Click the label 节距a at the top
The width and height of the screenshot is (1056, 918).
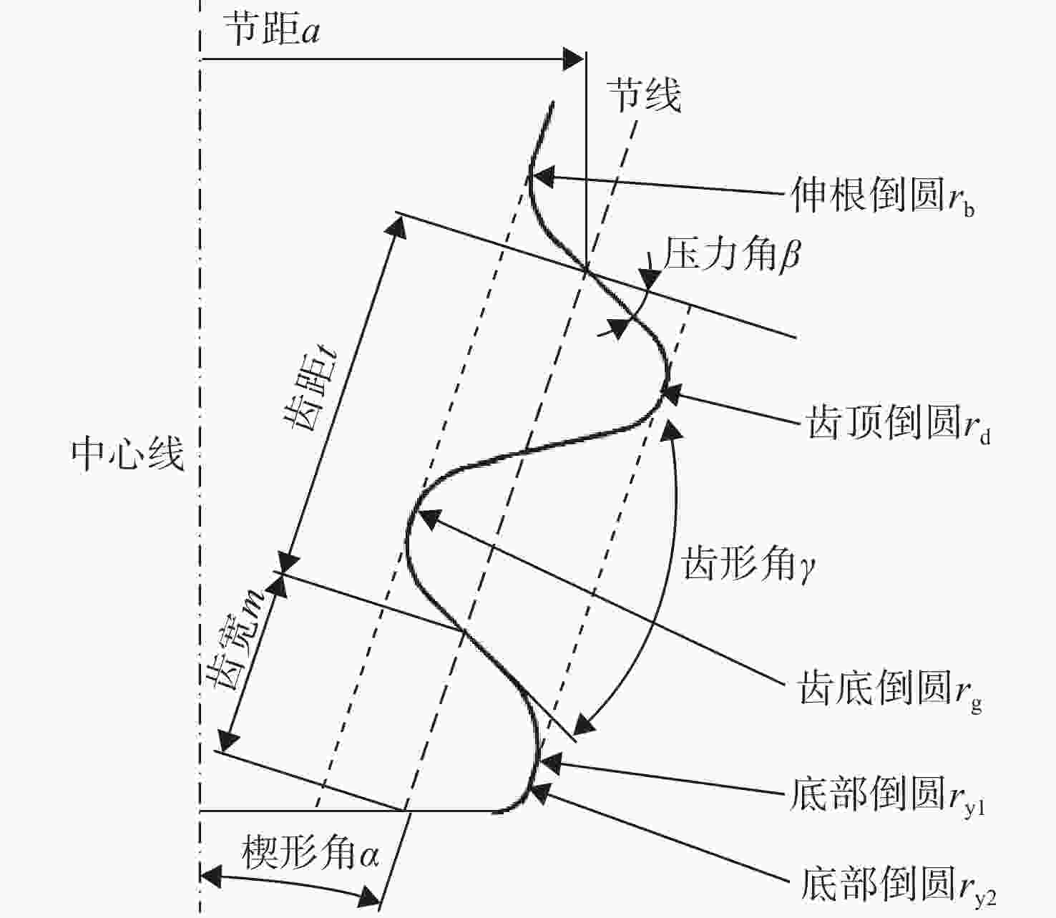[272, 29]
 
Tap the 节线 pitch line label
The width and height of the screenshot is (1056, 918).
[645, 95]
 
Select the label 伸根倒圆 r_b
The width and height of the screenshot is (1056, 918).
[883, 197]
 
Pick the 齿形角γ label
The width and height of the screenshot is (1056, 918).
[748, 563]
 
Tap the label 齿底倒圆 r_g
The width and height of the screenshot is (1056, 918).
[890, 688]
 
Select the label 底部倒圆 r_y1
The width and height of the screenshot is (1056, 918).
[888, 793]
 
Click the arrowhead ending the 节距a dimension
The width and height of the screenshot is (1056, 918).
[573, 59]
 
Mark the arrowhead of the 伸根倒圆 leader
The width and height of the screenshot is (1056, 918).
[543, 177]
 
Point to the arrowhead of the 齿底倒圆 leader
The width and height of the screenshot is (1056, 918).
[429, 518]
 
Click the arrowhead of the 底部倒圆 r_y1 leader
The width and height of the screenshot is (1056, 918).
[550, 763]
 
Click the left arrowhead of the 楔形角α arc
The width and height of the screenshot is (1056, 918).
[210, 877]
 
